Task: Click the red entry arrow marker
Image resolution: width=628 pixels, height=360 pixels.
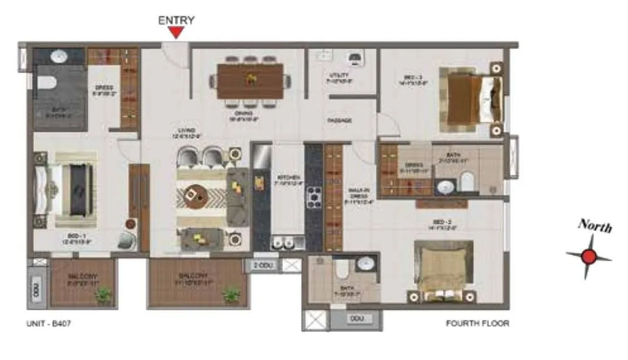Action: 176,33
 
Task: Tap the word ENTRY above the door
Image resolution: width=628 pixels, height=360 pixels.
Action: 176,20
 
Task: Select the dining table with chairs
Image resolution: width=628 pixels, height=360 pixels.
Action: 250,81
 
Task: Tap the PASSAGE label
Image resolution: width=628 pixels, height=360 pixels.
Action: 339,120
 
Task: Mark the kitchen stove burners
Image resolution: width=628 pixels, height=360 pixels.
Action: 313,197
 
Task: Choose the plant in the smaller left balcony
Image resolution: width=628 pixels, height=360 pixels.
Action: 103,296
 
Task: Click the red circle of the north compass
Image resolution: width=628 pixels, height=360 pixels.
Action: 589,257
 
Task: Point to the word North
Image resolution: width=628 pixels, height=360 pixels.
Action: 595,227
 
